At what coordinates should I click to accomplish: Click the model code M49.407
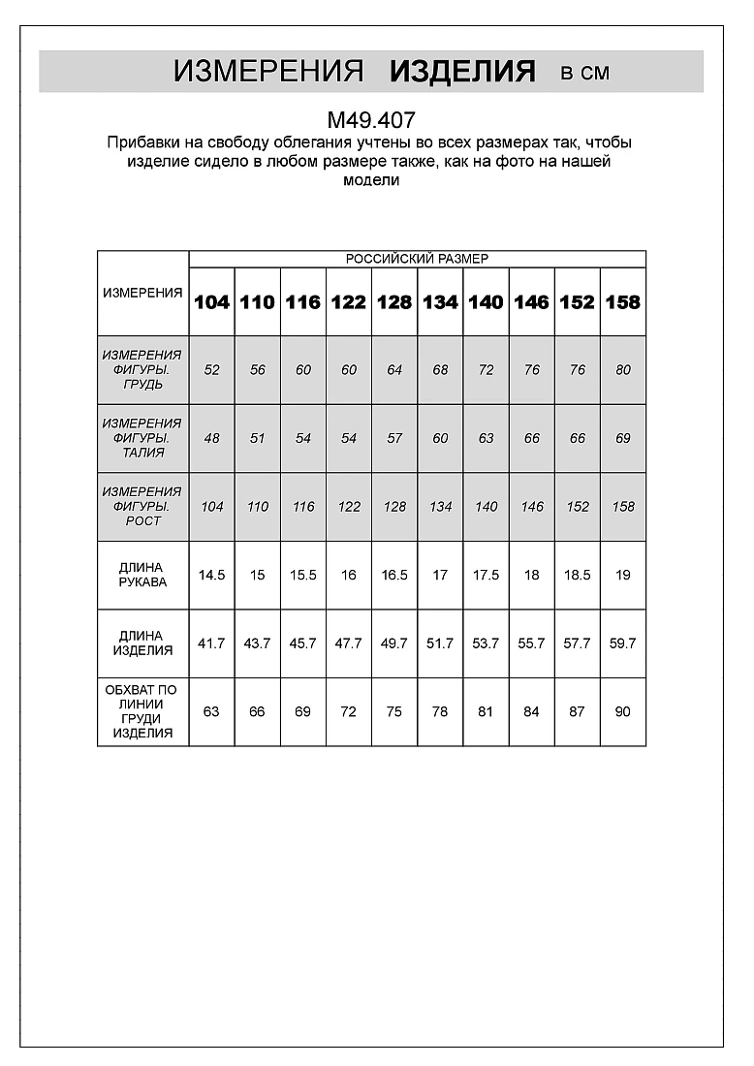371,120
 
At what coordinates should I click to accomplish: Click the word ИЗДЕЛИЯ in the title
462,72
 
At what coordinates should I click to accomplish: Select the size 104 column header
211,302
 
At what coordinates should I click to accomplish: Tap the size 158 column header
622,302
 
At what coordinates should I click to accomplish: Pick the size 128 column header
394,302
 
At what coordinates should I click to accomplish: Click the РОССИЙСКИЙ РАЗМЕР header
417,259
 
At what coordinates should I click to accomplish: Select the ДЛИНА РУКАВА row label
142,575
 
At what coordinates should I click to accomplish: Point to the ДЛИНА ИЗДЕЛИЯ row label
142,643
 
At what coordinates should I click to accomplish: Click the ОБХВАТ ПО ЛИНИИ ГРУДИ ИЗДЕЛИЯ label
142,711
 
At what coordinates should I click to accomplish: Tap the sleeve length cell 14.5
211,575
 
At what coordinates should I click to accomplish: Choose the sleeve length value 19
622,575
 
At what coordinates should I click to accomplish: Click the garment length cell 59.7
622,643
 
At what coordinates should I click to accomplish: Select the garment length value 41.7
211,643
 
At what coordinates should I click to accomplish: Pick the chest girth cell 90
622,711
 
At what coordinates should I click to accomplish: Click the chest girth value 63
211,711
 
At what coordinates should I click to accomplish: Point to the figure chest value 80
622,370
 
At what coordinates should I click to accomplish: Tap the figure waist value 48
211,438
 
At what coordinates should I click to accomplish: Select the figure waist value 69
622,438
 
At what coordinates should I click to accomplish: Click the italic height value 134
440,507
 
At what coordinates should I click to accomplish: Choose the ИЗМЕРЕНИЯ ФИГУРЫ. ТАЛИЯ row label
142,438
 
